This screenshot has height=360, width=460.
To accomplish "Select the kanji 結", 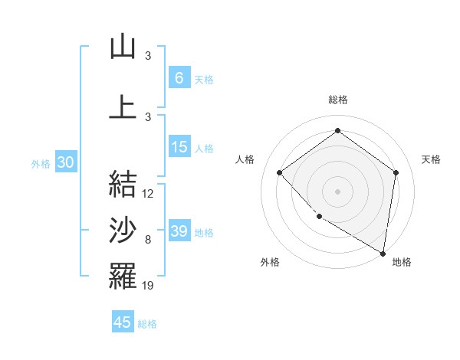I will pyautogui.click(x=123, y=184).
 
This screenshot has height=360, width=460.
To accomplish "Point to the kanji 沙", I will pyautogui.click(x=123, y=231).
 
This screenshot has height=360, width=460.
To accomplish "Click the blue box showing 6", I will pyautogui.click(x=179, y=78).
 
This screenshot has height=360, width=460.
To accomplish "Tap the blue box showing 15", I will pyautogui.click(x=179, y=147).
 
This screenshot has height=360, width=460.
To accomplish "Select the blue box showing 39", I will pyautogui.click(x=179, y=231).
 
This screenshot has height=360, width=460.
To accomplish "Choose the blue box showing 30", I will pyautogui.click(x=65, y=163).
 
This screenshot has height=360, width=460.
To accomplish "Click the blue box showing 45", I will pyautogui.click(x=123, y=322).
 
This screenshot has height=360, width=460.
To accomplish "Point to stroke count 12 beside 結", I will pyautogui.click(x=148, y=194).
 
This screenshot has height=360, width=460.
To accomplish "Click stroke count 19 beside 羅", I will pyautogui.click(x=148, y=286).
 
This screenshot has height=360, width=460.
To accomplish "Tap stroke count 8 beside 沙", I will pyautogui.click(x=148, y=241).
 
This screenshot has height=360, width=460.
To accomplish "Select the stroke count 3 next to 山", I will pyautogui.click(x=148, y=55).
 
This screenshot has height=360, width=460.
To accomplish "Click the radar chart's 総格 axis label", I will pyautogui.click(x=337, y=100).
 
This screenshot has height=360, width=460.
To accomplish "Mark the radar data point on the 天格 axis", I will pyautogui.click(x=396, y=172).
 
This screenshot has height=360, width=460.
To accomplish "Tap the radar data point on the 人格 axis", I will pyautogui.click(x=280, y=172).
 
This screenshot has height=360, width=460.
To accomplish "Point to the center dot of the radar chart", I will pyautogui.click(x=337, y=191).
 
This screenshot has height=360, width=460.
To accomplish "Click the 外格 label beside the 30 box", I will pyautogui.click(x=41, y=164).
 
